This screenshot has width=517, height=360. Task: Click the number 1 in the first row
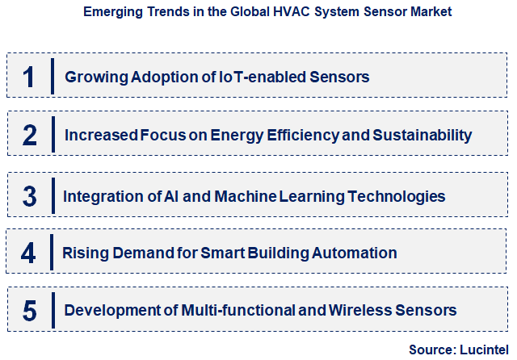point(30,77)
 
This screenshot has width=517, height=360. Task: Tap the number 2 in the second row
point(30,135)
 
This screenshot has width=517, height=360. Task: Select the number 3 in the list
point(30,195)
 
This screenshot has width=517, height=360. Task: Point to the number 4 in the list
point(29,253)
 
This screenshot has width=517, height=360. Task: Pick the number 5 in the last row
point(30,310)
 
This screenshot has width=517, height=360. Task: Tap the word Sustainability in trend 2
point(421,136)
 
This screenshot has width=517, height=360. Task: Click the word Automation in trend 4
point(359,253)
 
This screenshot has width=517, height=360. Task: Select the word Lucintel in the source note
point(482,350)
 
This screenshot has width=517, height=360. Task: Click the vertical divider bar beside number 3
point(52,195)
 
